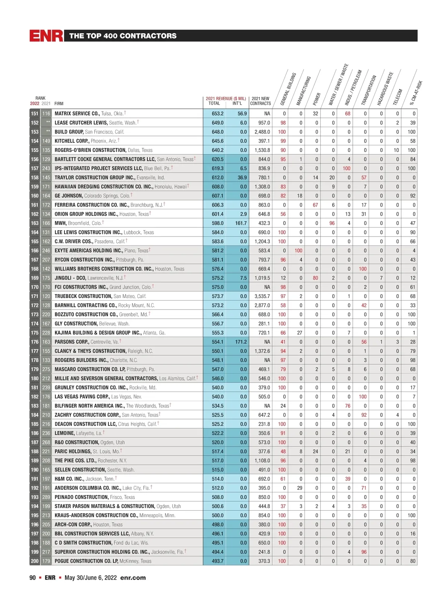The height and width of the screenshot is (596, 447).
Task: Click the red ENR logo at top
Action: pos(46,36)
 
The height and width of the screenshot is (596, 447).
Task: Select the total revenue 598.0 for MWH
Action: pos(218,223)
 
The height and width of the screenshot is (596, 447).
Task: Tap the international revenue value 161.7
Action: pos(241,223)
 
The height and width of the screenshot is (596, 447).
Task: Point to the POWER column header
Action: pos(317,99)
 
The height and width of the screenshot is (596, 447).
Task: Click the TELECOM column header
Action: pos(398,97)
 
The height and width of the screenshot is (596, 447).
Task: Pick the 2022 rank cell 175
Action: pos(35,333)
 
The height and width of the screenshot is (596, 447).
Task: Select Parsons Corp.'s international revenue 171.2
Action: pos(241,342)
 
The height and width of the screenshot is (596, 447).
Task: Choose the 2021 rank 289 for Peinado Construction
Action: pos(46,497)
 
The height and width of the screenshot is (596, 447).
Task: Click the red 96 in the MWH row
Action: pos(332,223)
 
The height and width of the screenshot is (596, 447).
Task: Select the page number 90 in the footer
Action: pos(33,578)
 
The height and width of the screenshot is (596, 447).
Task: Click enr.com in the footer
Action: pos(133,578)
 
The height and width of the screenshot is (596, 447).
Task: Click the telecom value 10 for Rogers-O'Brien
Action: pos(396,150)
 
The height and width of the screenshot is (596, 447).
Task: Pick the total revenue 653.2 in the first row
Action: pos(218,114)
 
